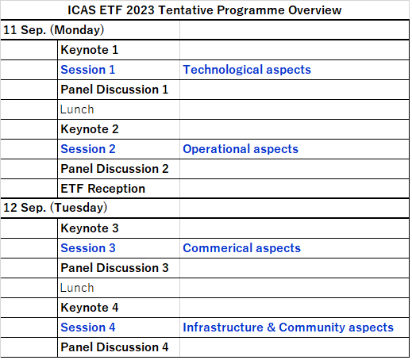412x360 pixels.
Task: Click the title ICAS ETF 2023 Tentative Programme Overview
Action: (x=206, y=10)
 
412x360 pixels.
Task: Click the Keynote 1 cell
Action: (x=90, y=50)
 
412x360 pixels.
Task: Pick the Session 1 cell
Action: (x=88, y=70)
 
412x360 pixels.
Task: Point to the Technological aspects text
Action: (x=247, y=70)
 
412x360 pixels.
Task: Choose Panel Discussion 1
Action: (x=114, y=90)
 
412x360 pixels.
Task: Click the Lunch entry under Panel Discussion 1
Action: (x=77, y=109)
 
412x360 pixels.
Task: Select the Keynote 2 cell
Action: (x=90, y=129)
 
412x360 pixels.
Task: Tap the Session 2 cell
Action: (x=88, y=149)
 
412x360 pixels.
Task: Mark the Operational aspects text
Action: (x=241, y=149)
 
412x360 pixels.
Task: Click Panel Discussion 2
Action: (x=114, y=169)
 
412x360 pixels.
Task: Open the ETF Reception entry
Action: (x=103, y=189)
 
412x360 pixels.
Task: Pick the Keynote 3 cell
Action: (x=90, y=228)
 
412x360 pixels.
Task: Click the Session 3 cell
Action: (x=88, y=248)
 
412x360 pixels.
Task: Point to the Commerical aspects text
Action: (x=242, y=248)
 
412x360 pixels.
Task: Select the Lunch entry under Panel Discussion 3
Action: (x=77, y=288)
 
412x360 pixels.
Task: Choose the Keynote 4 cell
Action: (x=90, y=308)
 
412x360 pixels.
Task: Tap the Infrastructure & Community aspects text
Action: (x=288, y=327)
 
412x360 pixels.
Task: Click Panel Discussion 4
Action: (x=114, y=347)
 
